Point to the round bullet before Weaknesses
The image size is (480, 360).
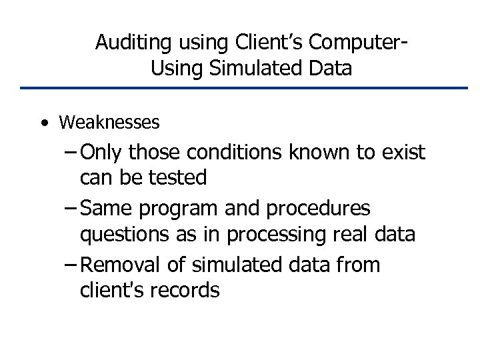43,123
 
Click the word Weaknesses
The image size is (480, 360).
109,123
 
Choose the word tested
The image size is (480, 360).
179,177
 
